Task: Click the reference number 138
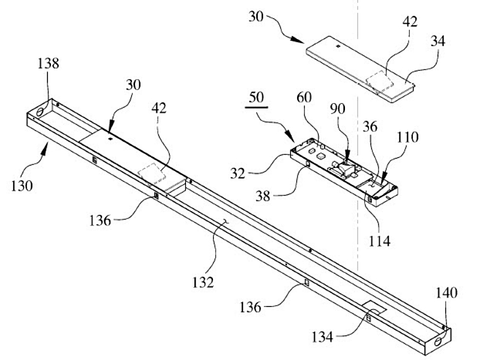[49, 64]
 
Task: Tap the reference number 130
[22, 185]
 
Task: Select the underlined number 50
[256, 97]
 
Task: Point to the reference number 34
[438, 41]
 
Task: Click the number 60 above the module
[304, 97]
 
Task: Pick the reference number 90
[338, 109]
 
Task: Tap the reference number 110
[408, 137]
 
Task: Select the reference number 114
[380, 241]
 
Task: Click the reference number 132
[203, 282]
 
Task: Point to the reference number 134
[322, 337]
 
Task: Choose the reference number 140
[446, 293]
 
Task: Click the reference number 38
[263, 196]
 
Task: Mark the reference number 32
[238, 173]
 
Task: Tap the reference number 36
[370, 127]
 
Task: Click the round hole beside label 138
[40, 112]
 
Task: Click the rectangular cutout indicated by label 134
[374, 308]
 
